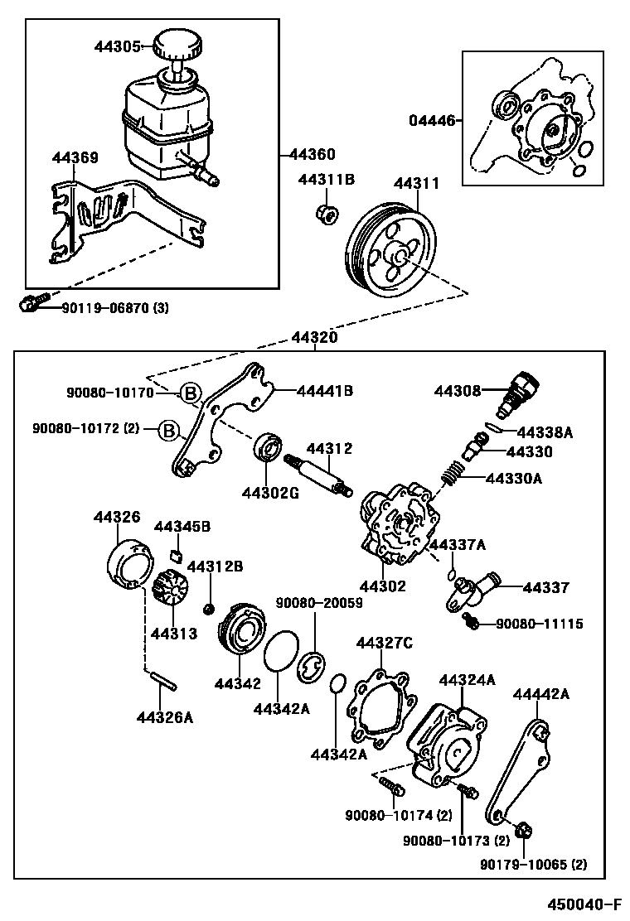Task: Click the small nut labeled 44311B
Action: [x=327, y=214]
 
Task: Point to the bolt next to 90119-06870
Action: [x=31, y=305]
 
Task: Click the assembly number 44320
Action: [x=314, y=338]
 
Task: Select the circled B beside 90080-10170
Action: [x=190, y=393]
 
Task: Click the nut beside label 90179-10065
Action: [x=524, y=829]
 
